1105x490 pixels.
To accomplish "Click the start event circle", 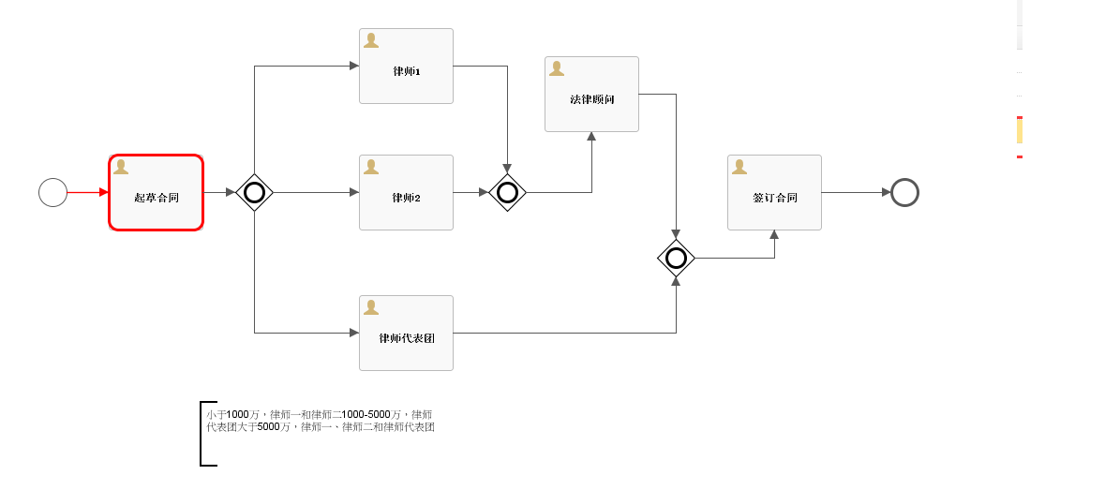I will [52, 193].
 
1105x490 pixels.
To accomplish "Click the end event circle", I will [904, 193].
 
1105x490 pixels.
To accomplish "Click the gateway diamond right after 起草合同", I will [254, 193].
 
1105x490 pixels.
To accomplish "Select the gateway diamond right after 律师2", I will [507, 193].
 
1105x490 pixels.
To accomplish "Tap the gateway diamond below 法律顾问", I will [676, 259].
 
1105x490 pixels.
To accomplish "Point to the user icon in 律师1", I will [371, 40].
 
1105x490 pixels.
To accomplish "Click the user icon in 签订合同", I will [739, 167].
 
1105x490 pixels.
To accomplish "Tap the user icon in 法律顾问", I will [557, 68].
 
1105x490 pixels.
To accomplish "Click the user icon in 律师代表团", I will [371, 307].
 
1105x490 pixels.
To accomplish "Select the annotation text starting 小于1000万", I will [320, 421].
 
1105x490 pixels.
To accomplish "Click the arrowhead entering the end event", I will [886, 193].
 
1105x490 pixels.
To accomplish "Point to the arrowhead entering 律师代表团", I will [354, 334].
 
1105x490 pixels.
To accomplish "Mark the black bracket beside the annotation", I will [202, 434].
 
